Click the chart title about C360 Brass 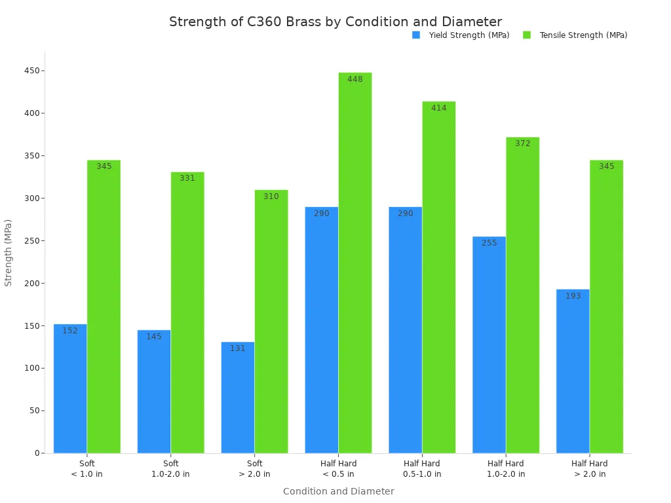[x=335, y=22]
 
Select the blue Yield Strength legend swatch [x=416, y=35]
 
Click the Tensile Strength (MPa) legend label [x=583, y=35]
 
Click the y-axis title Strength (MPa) [x=9, y=253]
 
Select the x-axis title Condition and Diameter [x=338, y=491]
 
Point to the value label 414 [x=439, y=108]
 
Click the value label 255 [x=489, y=243]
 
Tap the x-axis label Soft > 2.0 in [x=254, y=469]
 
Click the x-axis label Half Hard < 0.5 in [x=338, y=469]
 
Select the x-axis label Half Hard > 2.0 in [x=590, y=469]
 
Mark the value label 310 [x=271, y=196]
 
